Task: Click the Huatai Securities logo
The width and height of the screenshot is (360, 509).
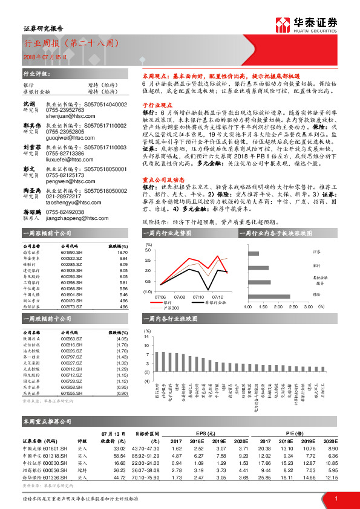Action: pyautogui.click(x=306, y=24)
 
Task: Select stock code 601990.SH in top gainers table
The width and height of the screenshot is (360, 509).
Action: pyautogui.click(x=71, y=253)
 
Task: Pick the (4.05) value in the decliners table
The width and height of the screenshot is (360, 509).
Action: pyautogui.click(x=121, y=339)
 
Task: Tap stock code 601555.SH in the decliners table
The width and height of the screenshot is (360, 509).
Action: pyautogui.click(x=71, y=393)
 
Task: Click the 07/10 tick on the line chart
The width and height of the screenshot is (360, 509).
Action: pyautogui.click(x=198, y=296)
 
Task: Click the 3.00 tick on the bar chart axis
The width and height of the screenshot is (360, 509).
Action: pyautogui.click(x=310, y=306)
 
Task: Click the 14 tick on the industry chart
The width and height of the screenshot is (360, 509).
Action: pyautogui.click(x=146, y=336)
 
